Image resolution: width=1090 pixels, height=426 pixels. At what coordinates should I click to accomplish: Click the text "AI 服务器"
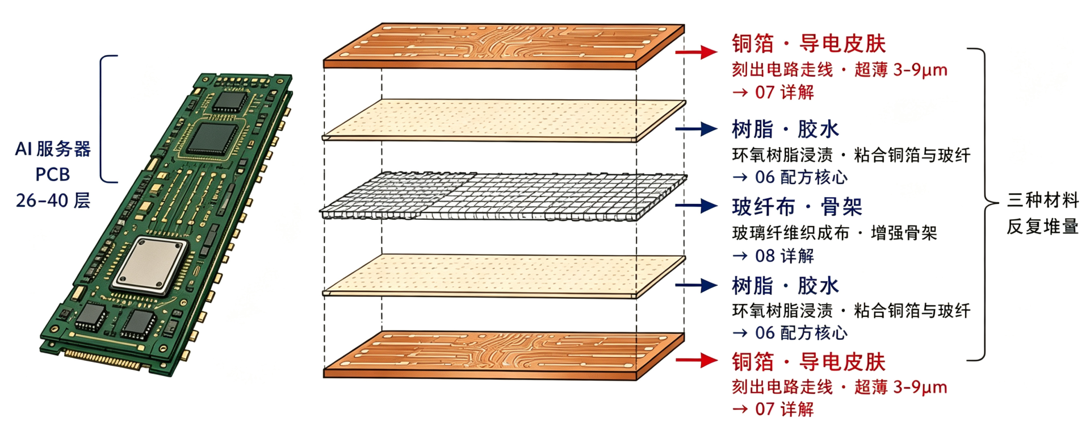click(53, 149)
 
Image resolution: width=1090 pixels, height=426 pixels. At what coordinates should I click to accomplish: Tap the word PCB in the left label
click(53, 174)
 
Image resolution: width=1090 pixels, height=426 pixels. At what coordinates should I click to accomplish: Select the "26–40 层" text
click(53, 201)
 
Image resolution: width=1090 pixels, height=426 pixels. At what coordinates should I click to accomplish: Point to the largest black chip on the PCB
click(212, 139)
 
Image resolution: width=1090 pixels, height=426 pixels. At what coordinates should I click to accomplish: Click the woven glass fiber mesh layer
click(503, 195)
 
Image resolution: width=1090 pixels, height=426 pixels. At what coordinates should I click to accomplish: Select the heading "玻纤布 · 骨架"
click(797, 207)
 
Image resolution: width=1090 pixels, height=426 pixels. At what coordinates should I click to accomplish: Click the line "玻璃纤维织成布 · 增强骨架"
click(835, 233)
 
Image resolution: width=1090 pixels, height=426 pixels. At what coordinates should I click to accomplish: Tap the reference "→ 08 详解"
click(773, 256)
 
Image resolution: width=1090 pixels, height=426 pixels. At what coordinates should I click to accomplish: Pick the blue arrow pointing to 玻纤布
click(697, 206)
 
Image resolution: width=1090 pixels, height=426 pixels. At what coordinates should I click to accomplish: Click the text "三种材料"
click(1043, 200)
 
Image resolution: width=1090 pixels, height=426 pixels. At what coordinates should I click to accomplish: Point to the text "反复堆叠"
click(1043, 227)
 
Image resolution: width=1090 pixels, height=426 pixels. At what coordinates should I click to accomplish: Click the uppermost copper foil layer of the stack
click(504, 47)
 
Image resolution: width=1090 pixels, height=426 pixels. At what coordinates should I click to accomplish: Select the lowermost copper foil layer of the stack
click(504, 356)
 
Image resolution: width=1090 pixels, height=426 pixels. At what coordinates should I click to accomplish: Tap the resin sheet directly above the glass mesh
click(504, 120)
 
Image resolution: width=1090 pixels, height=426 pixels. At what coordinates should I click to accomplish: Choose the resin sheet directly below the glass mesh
click(504, 276)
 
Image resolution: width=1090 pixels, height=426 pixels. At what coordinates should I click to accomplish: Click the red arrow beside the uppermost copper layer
click(697, 52)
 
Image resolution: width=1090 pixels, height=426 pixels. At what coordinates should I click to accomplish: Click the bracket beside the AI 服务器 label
click(102, 119)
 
